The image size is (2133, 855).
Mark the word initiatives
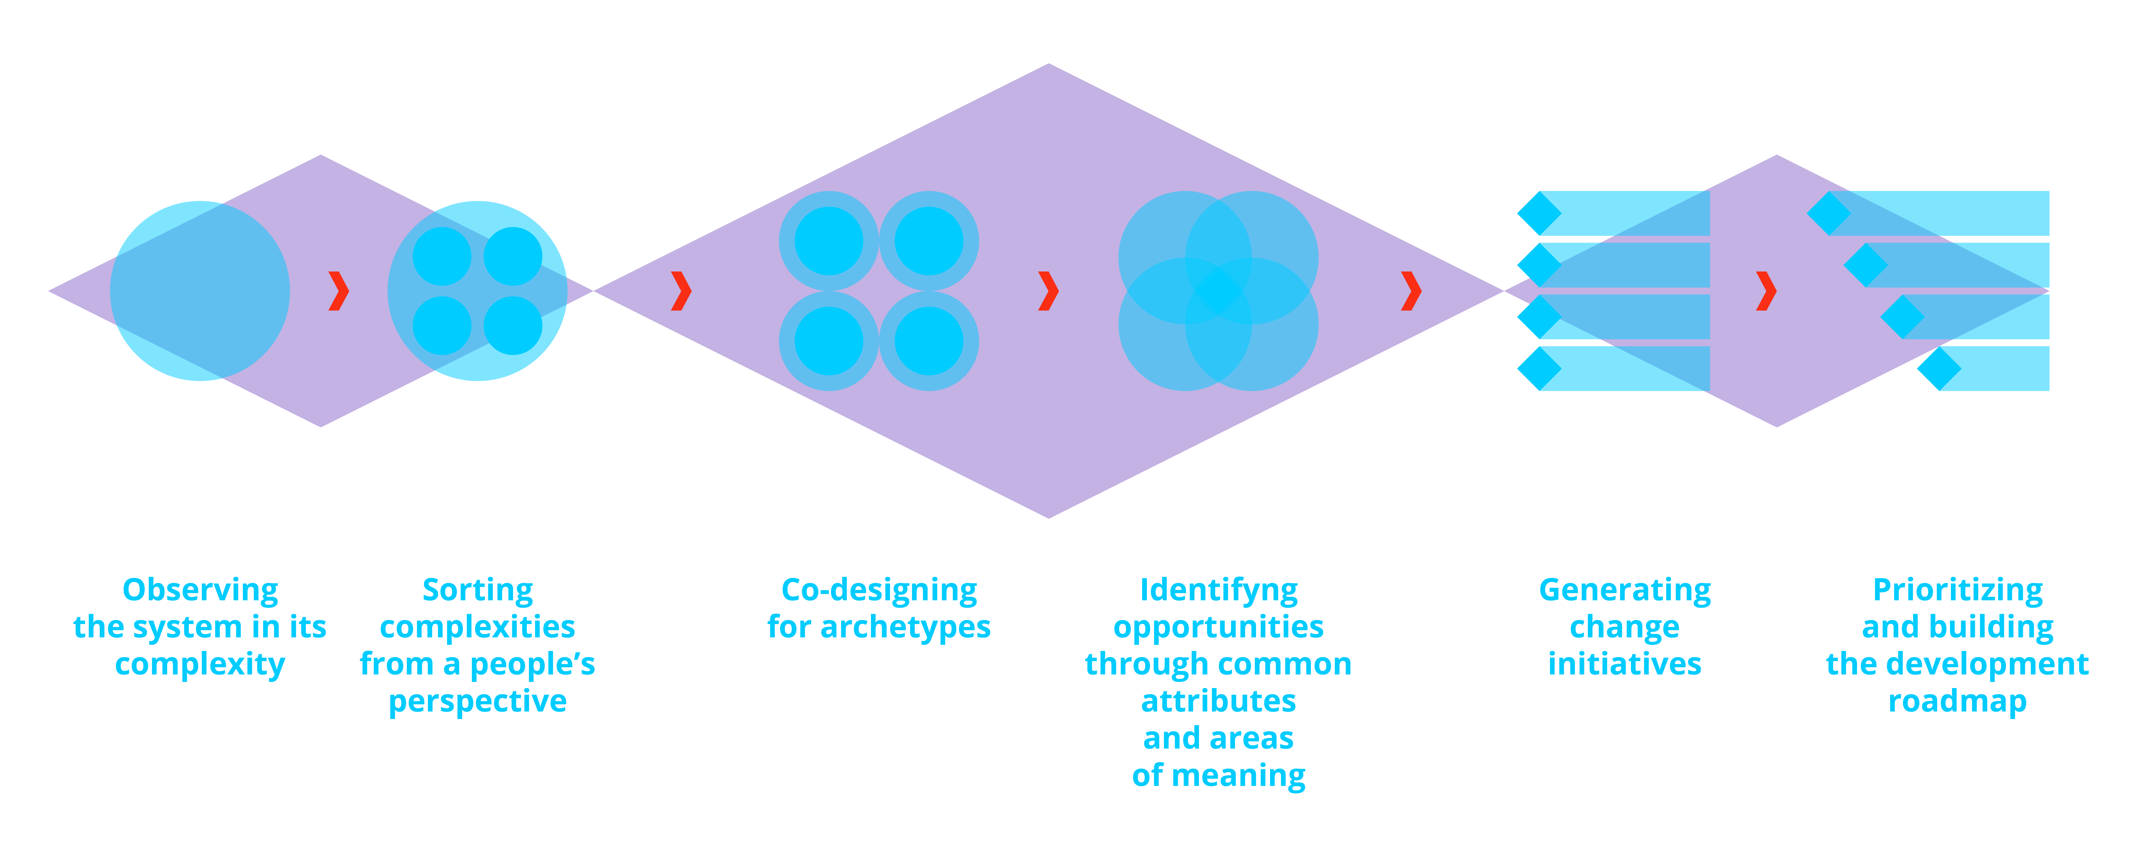click(x=1625, y=664)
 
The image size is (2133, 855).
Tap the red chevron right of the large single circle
click(x=338, y=291)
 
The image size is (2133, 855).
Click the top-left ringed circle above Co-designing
click(x=829, y=241)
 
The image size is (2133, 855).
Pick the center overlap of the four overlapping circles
click(x=1218, y=291)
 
